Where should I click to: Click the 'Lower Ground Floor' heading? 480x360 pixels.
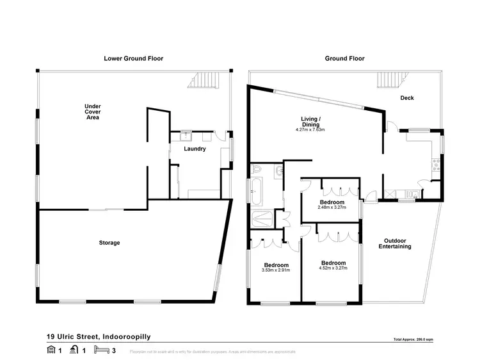point(133,58)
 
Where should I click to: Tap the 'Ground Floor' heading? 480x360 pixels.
point(344,58)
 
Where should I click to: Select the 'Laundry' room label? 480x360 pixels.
point(195,149)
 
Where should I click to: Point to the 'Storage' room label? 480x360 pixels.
point(109,243)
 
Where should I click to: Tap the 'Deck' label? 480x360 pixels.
point(407,98)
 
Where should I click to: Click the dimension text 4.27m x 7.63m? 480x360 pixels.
point(310,130)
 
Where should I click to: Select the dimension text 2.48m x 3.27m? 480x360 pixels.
point(332,208)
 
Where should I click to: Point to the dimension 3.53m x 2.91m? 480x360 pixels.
point(276,270)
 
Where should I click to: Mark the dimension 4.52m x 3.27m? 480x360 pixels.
point(333,268)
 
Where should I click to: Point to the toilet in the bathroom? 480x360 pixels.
point(257,170)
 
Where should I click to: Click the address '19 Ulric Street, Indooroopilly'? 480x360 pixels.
point(99,336)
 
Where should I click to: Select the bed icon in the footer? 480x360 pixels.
point(100,350)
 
